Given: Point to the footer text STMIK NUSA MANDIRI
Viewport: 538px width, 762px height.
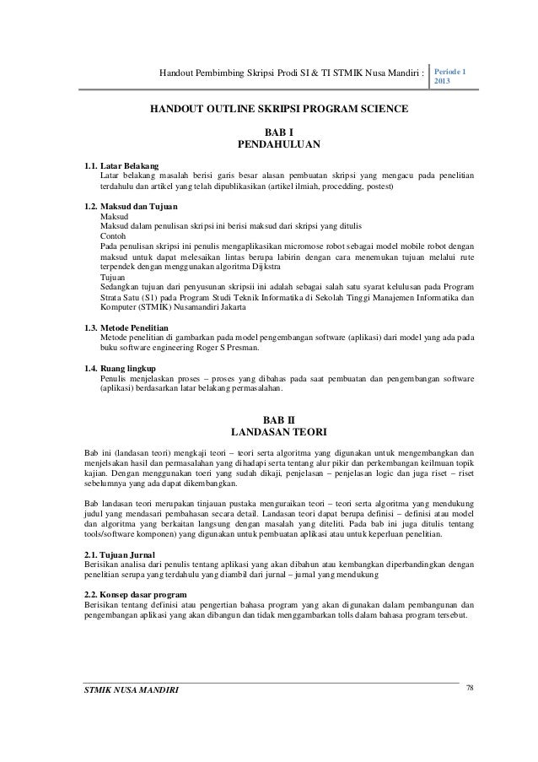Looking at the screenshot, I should point(132,692).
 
